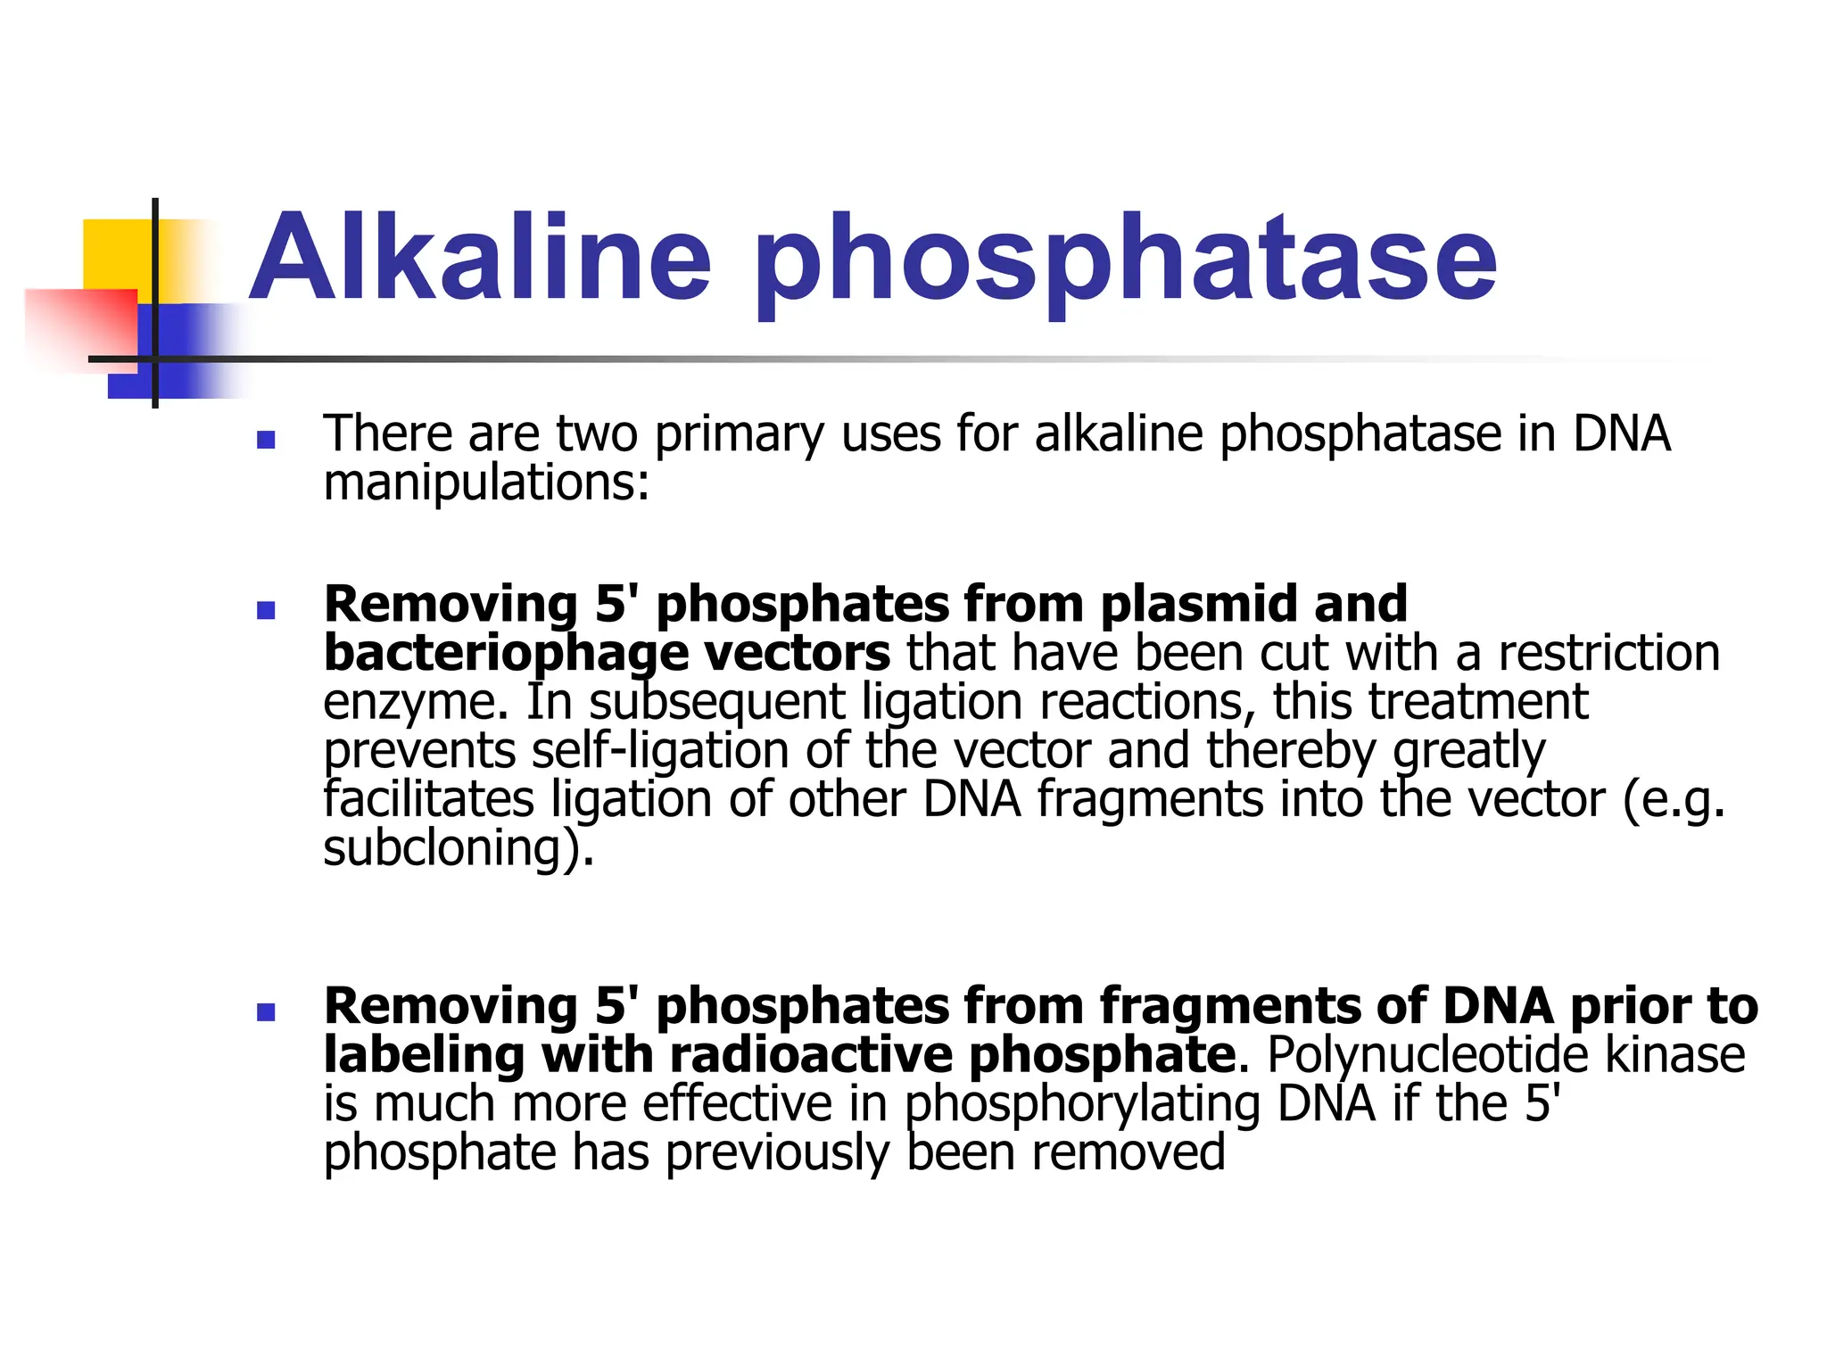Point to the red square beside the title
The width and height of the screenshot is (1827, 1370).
pos(80,326)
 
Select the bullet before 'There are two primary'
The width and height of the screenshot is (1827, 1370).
pos(265,440)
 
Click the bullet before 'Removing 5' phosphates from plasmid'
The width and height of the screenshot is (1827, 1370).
pos(265,610)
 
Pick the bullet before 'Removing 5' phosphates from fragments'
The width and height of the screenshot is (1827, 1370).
pos(265,1012)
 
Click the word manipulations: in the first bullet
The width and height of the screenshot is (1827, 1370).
pos(486,484)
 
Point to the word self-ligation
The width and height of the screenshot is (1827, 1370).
pos(660,751)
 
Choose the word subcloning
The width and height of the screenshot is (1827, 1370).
pos(451,848)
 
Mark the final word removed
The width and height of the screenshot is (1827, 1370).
pos(1128,1152)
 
